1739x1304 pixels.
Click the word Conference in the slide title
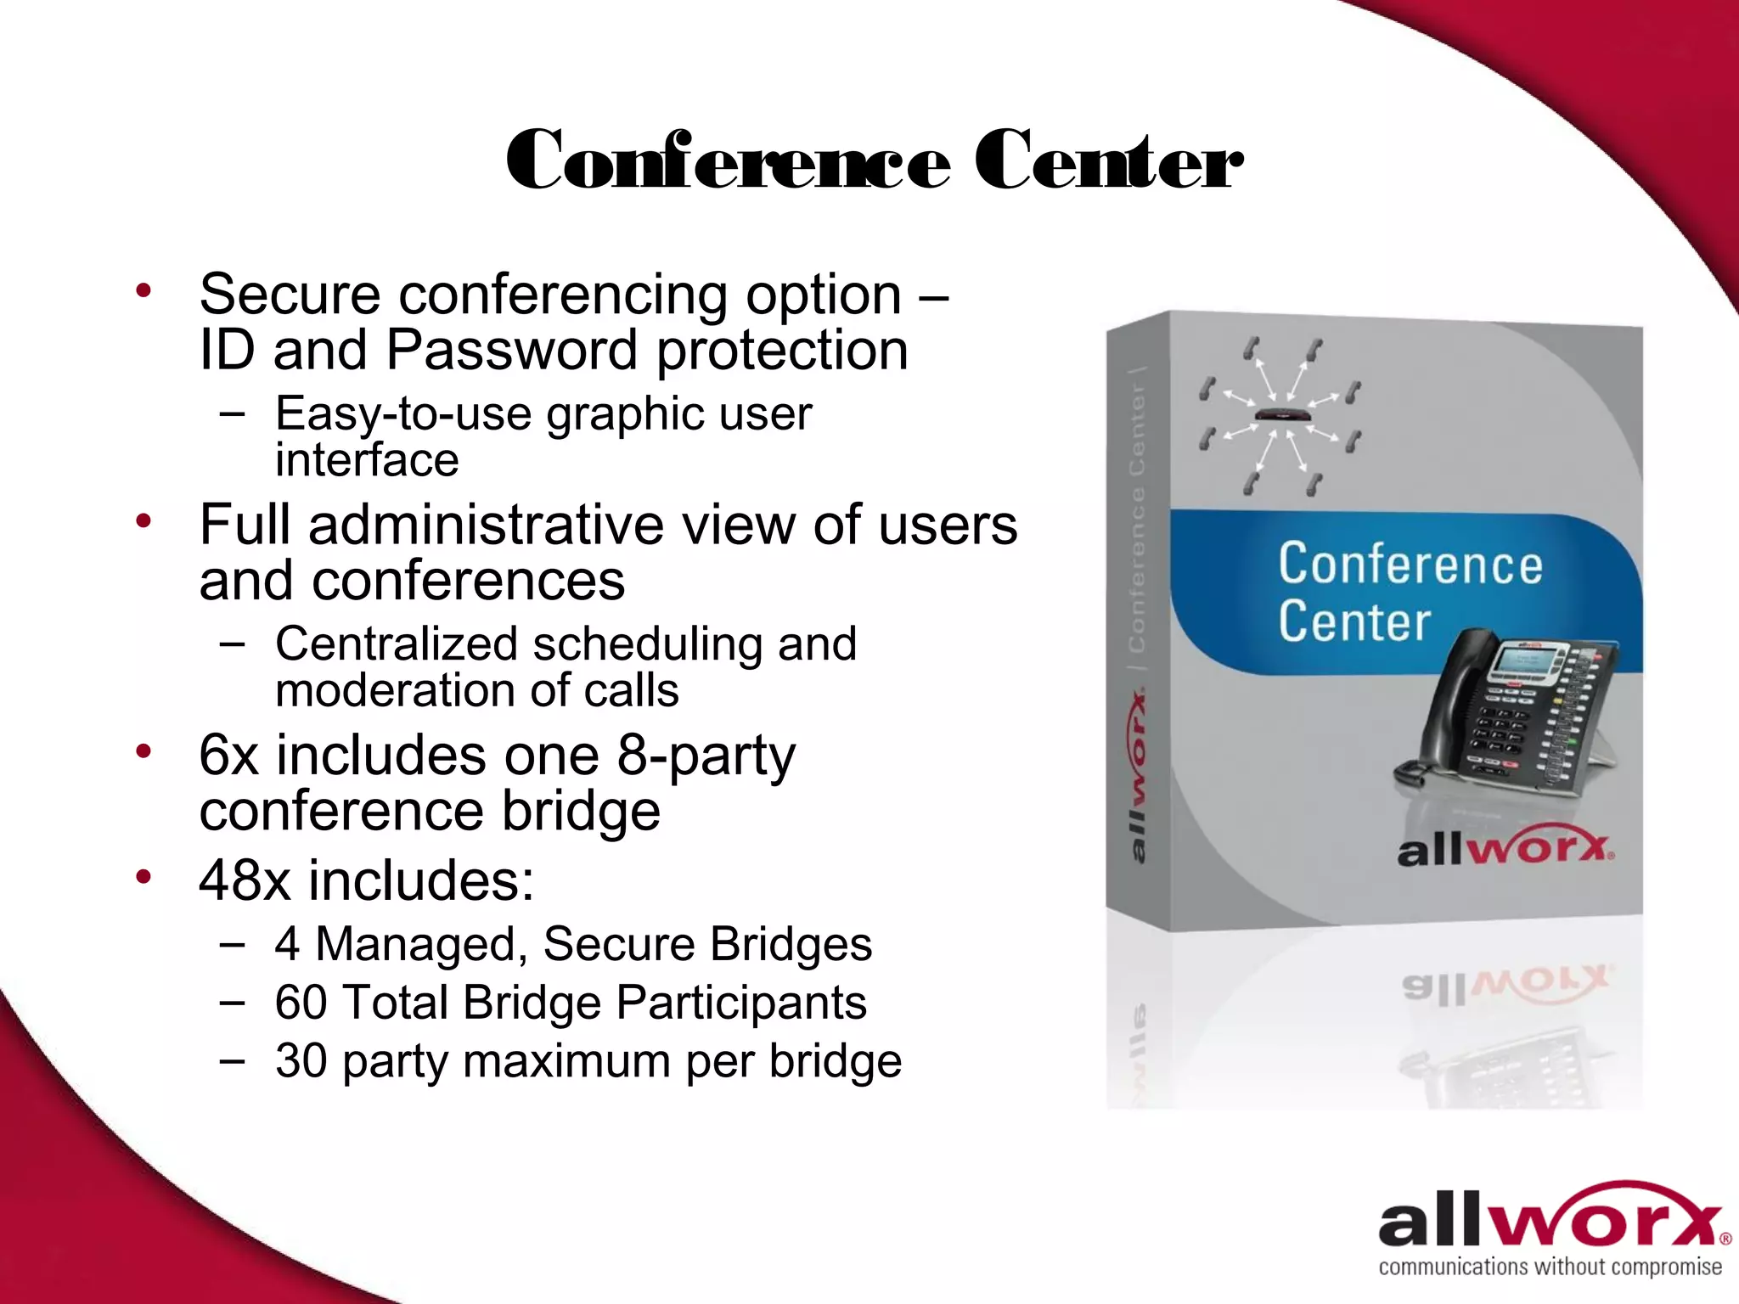(728, 161)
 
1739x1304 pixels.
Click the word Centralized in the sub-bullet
(396, 644)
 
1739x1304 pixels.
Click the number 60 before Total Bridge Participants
(301, 1003)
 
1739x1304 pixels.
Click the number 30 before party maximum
(301, 1061)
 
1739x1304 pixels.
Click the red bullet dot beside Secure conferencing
(144, 290)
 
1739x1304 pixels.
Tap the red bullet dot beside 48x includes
(144, 876)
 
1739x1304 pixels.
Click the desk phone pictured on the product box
(1503, 713)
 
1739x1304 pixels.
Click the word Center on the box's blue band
(1354, 621)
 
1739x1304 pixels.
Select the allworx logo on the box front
(1505, 850)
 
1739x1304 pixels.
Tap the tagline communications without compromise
(1550, 1267)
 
